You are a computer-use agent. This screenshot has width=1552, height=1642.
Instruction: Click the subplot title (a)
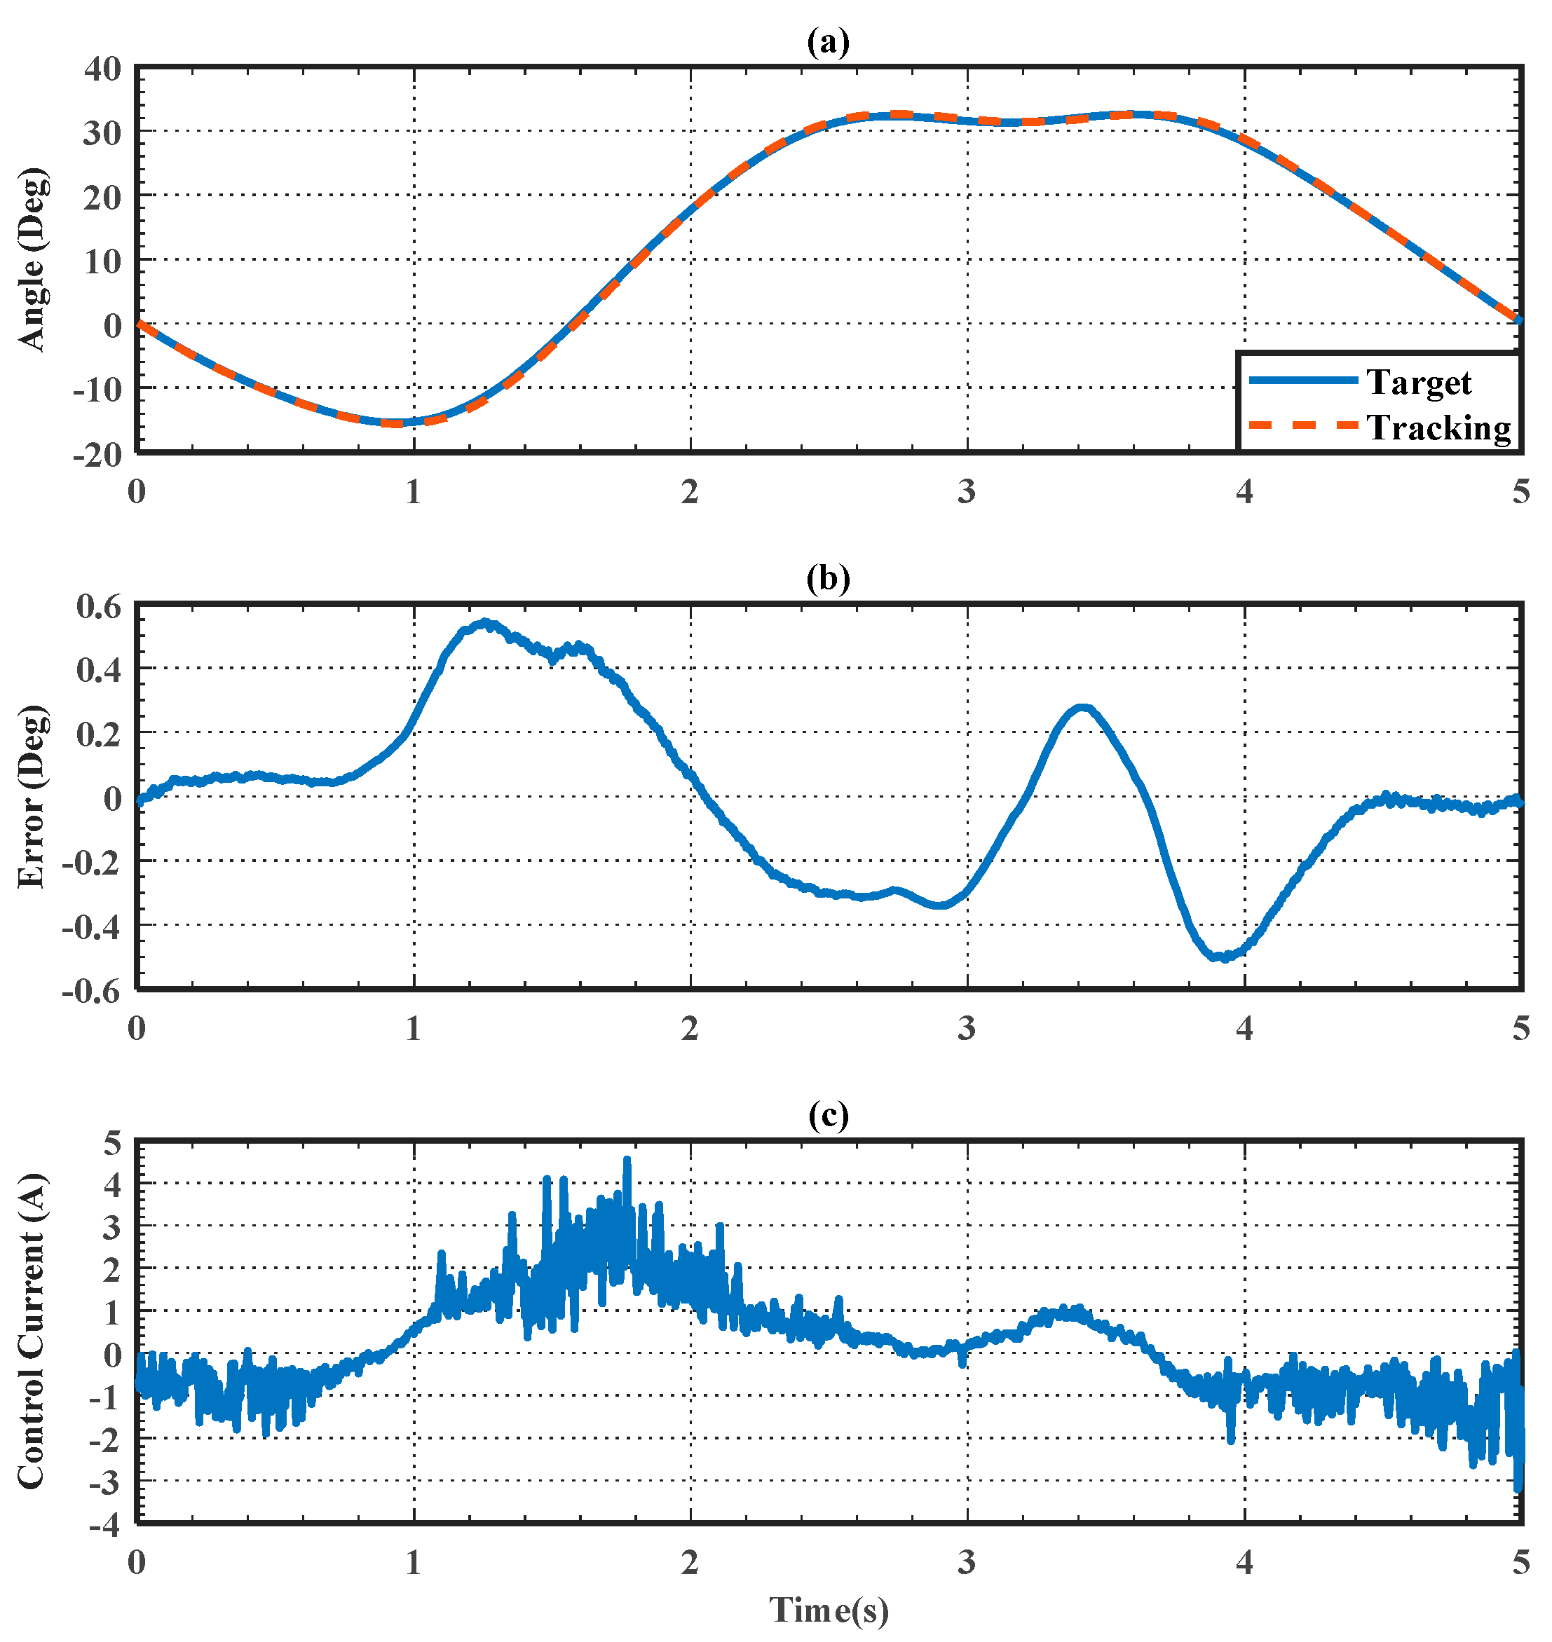[827, 41]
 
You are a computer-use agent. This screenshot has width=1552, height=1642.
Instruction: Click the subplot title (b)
[827, 579]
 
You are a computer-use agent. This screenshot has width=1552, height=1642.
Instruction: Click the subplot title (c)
[827, 1116]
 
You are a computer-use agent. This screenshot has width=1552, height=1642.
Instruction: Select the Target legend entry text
[1418, 382]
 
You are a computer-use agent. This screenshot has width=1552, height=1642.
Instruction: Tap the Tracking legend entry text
[1438, 427]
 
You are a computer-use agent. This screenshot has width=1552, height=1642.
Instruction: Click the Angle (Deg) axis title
[33, 260]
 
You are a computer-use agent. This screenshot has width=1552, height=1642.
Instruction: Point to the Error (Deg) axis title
[33, 797]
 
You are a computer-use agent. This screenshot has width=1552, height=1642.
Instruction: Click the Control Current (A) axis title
[33, 1332]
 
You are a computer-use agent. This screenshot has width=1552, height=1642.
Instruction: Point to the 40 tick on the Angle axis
[102, 69]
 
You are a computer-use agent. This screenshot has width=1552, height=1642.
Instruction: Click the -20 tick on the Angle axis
[97, 454]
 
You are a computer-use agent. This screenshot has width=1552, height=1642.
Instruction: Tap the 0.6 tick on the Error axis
[98, 606]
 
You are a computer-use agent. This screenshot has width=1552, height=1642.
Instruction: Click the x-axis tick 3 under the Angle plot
[966, 492]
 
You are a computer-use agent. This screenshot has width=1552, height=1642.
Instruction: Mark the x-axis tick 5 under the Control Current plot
[1520, 1562]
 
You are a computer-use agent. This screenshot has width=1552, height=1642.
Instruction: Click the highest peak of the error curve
[485, 622]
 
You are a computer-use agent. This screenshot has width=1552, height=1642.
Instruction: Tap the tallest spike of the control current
[627, 1161]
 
